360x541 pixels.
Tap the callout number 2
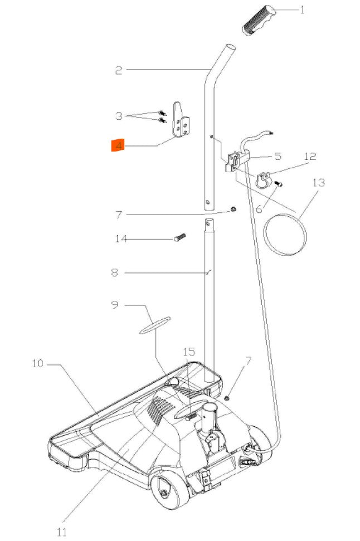[118, 70]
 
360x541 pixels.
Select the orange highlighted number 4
[118, 146]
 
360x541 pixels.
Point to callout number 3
[118, 116]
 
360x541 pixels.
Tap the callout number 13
[318, 182]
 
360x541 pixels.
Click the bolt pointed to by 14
[180, 237]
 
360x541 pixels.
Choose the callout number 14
[121, 239]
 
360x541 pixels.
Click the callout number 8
[114, 273]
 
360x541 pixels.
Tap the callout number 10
[37, 364]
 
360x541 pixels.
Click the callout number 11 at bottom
[61, 532]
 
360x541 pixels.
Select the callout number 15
[189, 352]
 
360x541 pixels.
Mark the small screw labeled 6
[280, 184]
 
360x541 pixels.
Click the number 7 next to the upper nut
[118, 215]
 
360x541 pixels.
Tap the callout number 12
[310, 157]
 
